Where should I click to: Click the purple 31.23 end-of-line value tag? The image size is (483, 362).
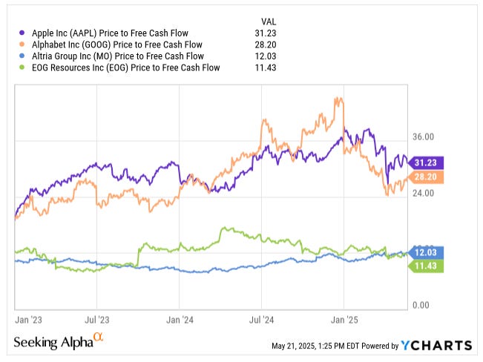pos(427,162)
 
